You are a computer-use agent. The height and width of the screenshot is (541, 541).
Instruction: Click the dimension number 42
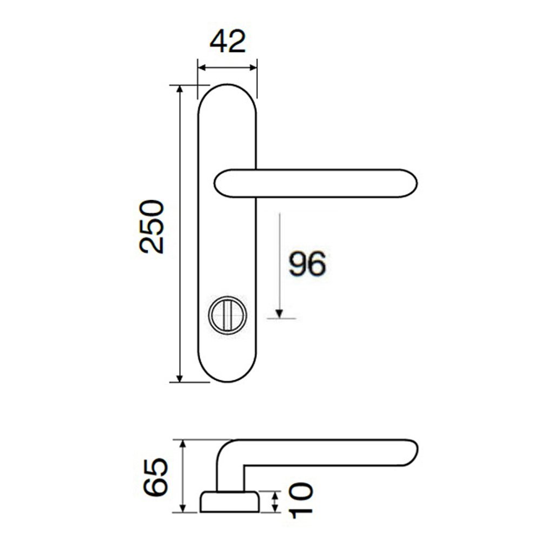228,42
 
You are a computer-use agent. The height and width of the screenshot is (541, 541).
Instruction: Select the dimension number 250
151,227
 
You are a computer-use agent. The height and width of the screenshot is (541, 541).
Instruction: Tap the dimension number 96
307,263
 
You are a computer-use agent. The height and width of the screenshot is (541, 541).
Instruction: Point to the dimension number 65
156,477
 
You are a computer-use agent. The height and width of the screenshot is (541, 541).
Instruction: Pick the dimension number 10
300,500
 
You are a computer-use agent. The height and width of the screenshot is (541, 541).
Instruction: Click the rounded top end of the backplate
227,84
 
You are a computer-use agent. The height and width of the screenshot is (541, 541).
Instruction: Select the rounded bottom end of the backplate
227,381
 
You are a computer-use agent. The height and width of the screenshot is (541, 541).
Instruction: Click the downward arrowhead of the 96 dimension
280,314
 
